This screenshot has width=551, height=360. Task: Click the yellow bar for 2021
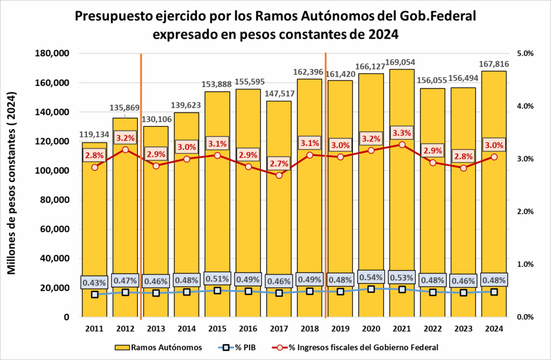401,215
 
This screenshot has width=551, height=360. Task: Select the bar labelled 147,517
279,226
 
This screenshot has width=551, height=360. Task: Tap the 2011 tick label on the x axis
95,329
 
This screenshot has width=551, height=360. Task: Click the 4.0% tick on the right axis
525,107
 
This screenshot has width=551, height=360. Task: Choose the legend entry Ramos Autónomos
159,347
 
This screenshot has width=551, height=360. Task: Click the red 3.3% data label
402,133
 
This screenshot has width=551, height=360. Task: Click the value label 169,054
401,62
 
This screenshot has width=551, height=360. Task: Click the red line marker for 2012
125,150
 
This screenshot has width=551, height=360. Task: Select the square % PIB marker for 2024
494,292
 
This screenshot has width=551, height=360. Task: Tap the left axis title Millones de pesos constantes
12,183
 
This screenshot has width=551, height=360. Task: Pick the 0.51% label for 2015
217,278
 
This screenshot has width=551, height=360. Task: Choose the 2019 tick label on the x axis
341,329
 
